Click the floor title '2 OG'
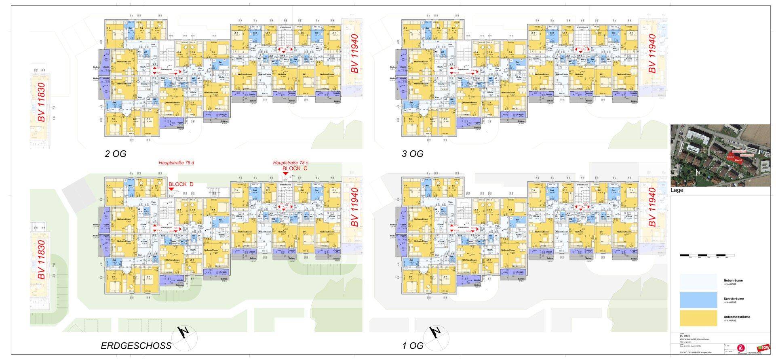(116, 154)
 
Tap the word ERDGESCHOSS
(136, 345)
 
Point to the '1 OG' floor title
(413, 345)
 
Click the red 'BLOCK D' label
(181, 184)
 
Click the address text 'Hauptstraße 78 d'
(176, 163)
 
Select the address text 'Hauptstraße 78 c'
(291, 163)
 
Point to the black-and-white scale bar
(707, 255)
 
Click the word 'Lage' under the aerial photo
(677, 190)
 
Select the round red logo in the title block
(741, 347)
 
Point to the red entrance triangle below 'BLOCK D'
(171, 189)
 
